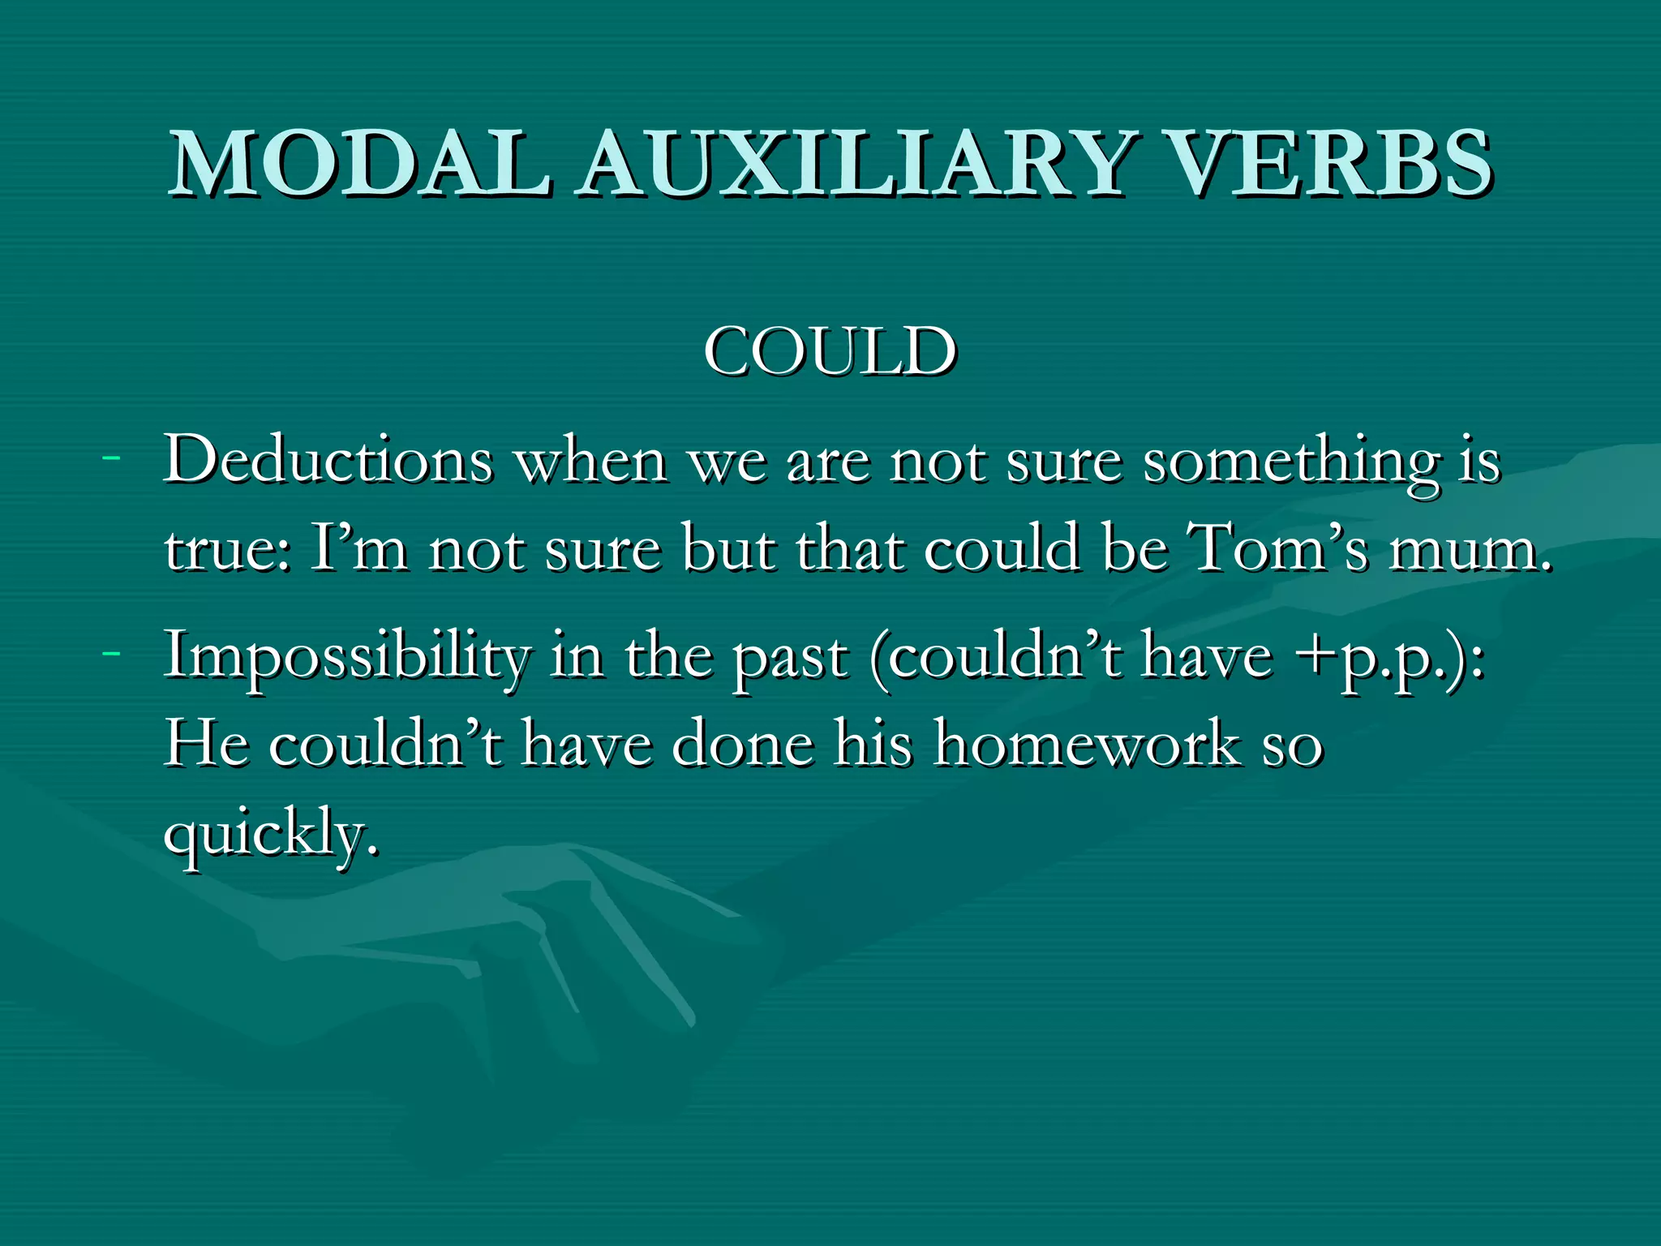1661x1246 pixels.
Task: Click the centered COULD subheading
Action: pyautogui.click(x=830, y=352)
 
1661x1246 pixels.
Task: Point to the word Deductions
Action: pyautogui.click(x=328, y=461)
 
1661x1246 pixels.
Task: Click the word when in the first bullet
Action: pyautogui.click(x=592, y=461)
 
